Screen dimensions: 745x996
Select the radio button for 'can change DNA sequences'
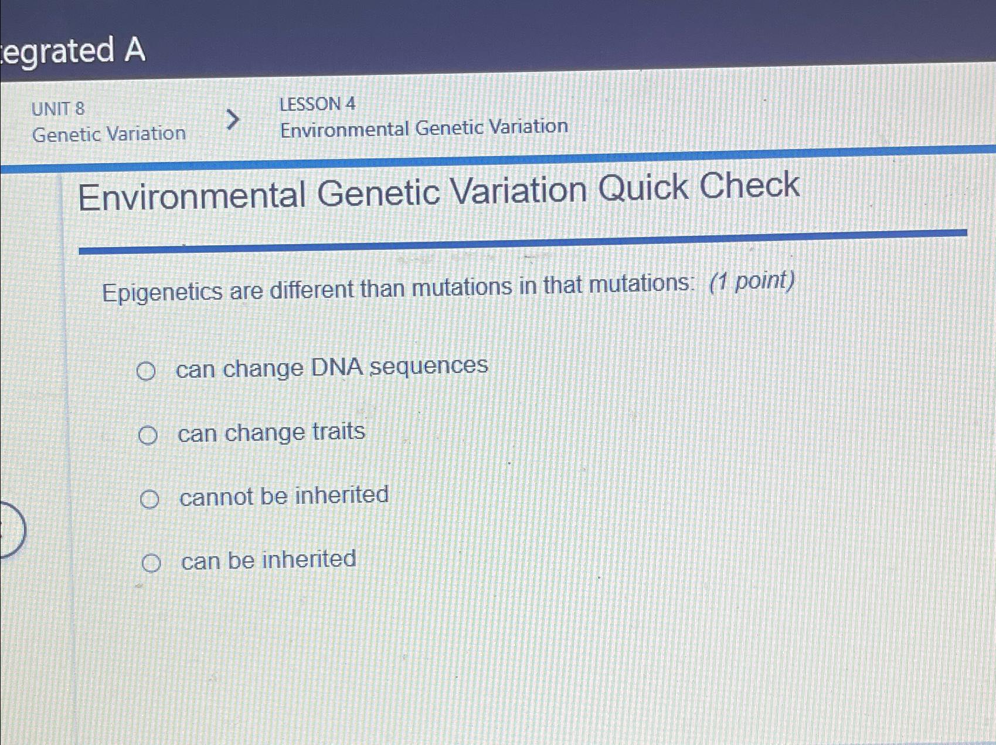146,371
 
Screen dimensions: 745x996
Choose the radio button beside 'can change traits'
148,435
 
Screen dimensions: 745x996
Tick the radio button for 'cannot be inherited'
149,499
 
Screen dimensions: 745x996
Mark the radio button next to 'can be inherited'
151,563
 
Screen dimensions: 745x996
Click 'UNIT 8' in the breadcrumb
58,109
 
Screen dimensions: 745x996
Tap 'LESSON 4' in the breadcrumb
317,104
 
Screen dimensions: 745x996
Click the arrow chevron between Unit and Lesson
233,119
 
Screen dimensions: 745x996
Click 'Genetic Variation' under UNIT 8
109,134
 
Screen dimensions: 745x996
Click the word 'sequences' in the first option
429,366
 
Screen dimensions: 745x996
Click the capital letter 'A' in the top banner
135,50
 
